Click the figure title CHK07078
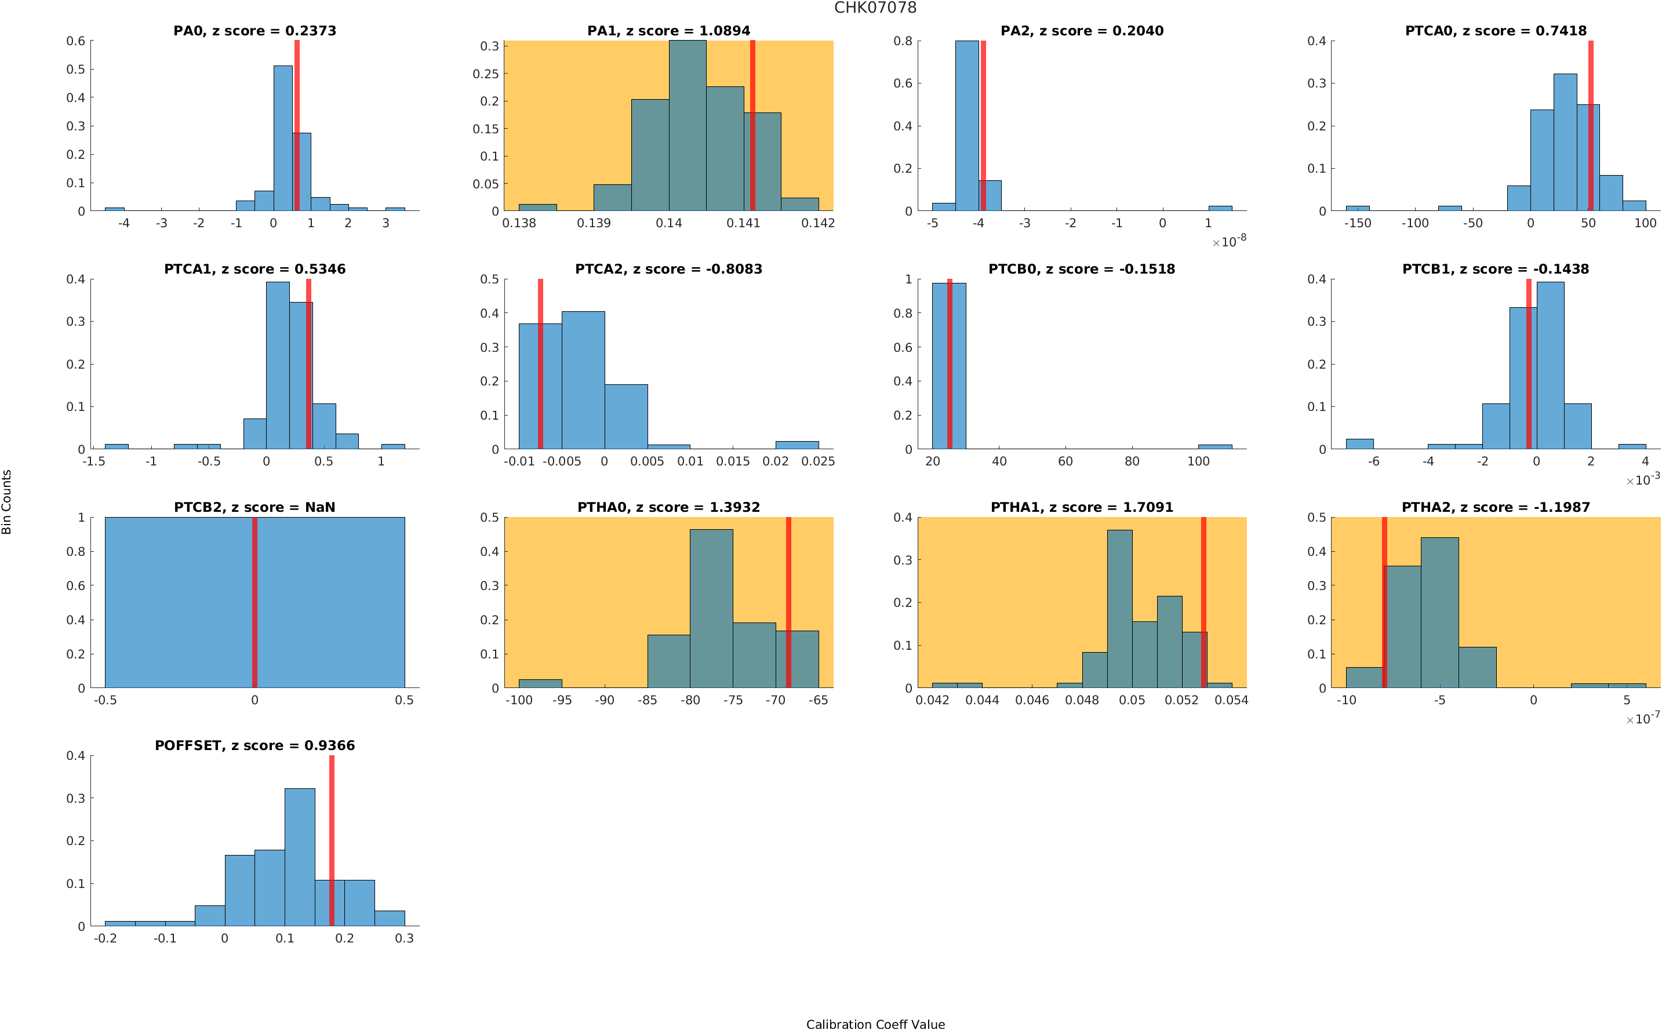[875, 8]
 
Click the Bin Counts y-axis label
[7, 501]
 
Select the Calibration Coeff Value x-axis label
[875, 1024]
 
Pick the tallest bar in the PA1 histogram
[688, 126]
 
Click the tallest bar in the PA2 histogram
[966, 126]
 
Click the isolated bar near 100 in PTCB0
[1214, 447]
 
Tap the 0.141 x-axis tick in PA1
[743, 223]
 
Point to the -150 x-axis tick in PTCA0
[1357, 223]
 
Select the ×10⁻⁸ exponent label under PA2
[1229, 242]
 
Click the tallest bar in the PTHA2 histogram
[1439, 613]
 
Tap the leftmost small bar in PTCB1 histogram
[1359, 444]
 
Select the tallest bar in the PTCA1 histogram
[277, 365]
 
